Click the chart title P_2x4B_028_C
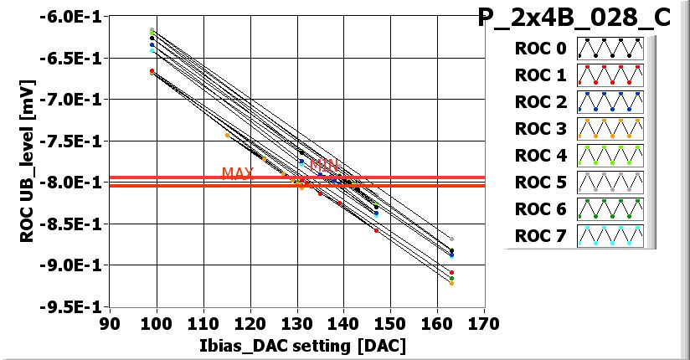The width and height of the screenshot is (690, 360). point(574,18)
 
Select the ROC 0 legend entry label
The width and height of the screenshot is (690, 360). point(541,49)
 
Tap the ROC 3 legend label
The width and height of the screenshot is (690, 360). point(541,128)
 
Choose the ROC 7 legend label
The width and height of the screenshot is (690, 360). point(541,236)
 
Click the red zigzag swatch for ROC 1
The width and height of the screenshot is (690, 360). point(609,75)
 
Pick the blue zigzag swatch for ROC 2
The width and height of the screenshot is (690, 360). point(609,102)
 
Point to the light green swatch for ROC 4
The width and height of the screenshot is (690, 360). point(609,156)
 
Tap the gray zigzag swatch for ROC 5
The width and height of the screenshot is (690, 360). point(609,183)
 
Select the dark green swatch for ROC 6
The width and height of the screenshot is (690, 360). point(609,209)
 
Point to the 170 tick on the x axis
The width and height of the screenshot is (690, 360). point(483,323)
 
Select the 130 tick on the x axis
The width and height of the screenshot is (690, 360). point(296,323)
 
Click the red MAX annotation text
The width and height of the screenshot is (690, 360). point(237,173)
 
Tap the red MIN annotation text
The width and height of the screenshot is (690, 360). point(324,165)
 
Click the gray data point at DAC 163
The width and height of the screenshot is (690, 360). point(451,239)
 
